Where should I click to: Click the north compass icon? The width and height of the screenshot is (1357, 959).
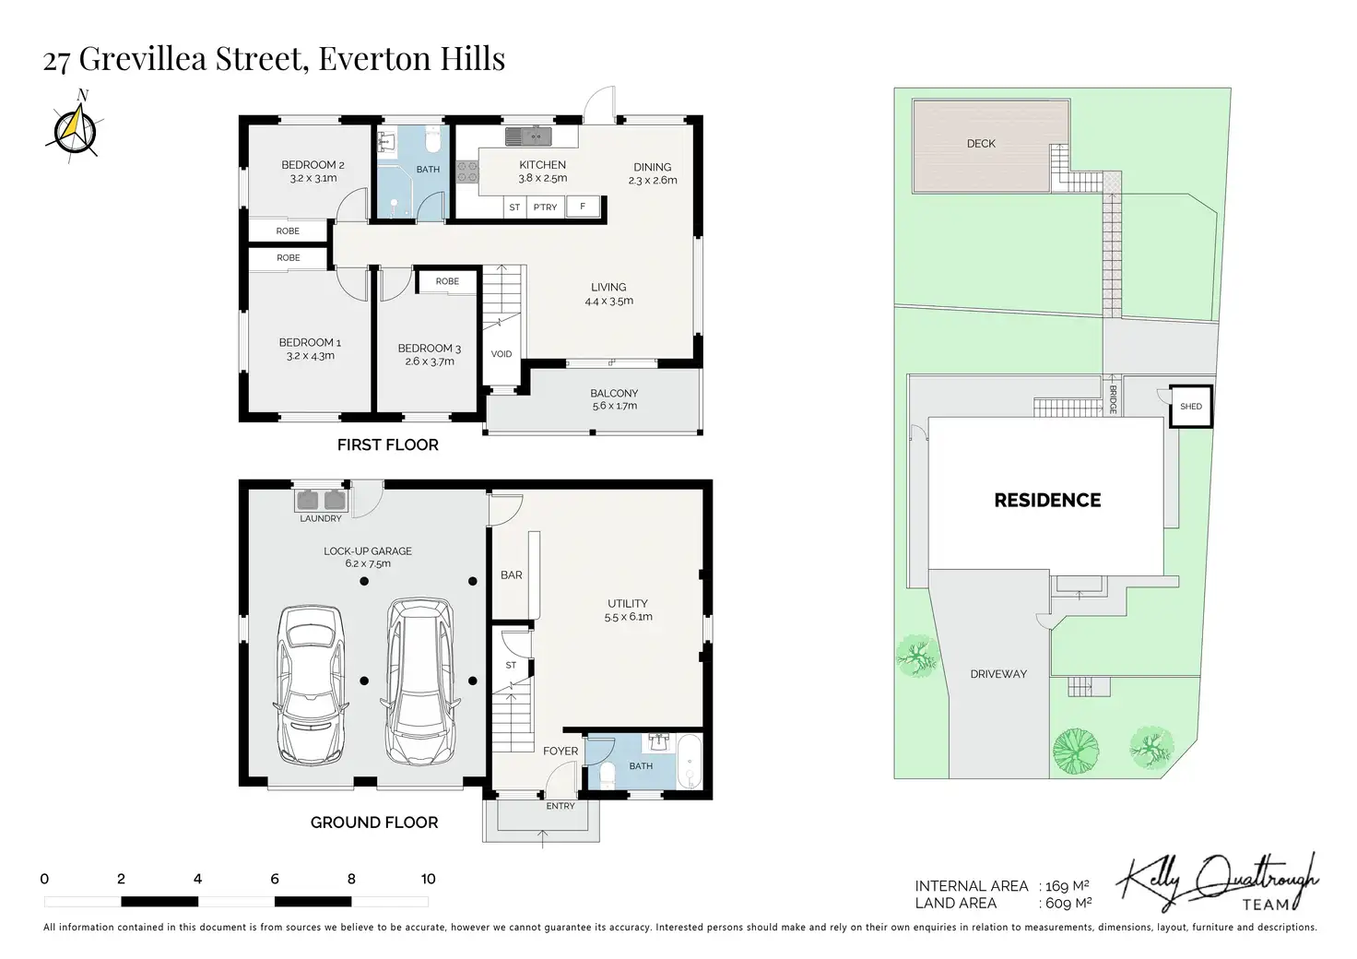75,127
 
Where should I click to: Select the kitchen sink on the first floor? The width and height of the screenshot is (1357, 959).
528,136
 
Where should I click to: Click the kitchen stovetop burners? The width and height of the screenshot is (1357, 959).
467,171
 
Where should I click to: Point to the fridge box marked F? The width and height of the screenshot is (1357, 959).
583,207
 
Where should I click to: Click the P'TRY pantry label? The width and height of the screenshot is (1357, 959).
545,207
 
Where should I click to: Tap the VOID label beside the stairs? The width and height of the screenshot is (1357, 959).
501,354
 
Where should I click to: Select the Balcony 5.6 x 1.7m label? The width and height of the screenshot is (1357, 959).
614,399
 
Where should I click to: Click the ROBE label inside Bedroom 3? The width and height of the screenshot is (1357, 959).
447,281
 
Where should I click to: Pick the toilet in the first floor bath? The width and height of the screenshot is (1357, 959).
432,140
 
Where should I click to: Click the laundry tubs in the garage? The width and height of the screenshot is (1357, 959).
321,500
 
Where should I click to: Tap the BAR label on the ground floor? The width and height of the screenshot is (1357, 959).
512,574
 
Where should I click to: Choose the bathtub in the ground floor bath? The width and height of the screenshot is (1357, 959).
689,761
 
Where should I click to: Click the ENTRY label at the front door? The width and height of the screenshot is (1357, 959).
560,806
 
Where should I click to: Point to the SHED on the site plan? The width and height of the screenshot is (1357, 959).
1190,407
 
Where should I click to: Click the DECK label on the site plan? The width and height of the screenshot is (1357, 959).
981,144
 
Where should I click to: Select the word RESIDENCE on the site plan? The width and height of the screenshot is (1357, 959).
1047,501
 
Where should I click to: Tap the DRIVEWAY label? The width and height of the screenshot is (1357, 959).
998,674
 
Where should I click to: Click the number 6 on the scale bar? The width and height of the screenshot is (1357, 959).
275,879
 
